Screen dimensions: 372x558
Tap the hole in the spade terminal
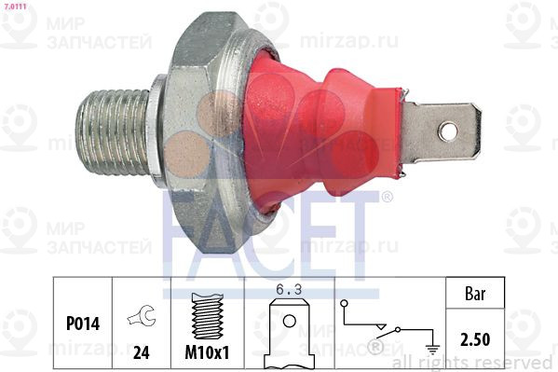pos(448,131)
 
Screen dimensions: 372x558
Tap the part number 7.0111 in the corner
pos(15,7)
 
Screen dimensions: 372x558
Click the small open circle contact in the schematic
pos(346,304)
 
